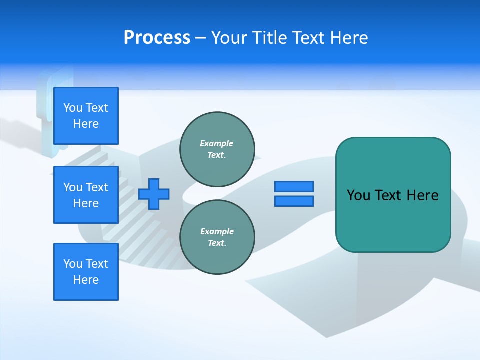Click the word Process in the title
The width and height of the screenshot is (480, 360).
point(157,38)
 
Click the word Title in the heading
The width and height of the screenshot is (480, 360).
point(267,38)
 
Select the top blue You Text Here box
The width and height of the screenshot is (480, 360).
point(86,115)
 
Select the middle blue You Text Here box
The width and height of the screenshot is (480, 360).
point(86,195)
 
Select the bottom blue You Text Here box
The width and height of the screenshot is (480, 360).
point(86,271)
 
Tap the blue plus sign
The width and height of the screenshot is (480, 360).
point(154,193)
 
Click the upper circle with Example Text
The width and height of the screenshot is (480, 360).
point(217,149)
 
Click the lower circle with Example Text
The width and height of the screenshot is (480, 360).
point(217,237)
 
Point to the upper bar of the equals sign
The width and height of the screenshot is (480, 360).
point(294,186)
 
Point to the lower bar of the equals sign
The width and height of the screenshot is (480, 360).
point(294,201)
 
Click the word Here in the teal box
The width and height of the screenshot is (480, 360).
point(422,195)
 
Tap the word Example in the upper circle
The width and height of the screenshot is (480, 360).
point(216,143)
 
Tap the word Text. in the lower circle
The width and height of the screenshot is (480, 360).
point(217,243)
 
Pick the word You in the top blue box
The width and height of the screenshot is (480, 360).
point(73,108)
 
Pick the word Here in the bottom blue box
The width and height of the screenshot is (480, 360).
point(86,280)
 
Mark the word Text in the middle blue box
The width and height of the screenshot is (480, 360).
point(97,187)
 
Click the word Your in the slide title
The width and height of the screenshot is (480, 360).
point(230,38)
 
